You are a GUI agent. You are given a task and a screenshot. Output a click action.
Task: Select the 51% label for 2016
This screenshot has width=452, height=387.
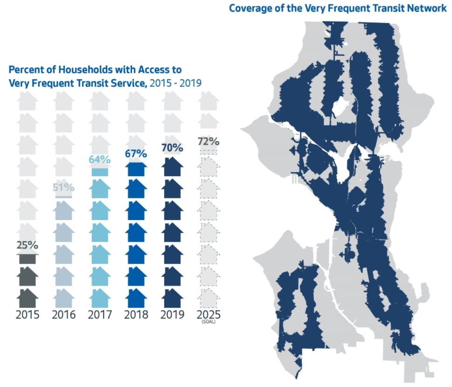63,188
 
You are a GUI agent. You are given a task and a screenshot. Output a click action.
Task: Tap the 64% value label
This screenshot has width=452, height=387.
99,159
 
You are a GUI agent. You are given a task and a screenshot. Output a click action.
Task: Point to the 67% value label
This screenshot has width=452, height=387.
136,153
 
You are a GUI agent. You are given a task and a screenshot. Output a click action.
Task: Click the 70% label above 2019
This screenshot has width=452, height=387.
172,148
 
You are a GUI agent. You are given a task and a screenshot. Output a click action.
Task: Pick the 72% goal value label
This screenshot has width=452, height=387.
209,142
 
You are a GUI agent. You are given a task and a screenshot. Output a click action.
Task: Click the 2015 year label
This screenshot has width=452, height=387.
27,315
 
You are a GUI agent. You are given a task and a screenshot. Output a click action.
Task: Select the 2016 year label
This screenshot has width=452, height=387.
63,315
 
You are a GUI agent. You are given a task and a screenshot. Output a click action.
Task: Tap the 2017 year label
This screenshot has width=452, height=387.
100,315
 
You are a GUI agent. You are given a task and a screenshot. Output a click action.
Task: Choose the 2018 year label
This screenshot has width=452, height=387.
136,315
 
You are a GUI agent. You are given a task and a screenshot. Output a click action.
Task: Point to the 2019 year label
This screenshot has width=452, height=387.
172,315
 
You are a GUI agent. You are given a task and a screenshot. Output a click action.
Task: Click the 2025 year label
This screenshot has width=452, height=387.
209,315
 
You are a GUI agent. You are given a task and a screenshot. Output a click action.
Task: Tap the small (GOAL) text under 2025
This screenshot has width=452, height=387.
209,323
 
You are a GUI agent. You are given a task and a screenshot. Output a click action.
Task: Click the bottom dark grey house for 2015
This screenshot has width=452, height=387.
27,297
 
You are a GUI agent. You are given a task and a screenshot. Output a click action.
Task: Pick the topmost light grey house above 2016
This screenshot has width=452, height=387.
63,101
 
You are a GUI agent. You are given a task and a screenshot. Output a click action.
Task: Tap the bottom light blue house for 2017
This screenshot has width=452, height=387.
100,297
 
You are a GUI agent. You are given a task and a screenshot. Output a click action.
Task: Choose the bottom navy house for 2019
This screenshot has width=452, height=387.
172,297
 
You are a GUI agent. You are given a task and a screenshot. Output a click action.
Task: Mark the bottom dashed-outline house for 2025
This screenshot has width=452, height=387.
209,297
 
